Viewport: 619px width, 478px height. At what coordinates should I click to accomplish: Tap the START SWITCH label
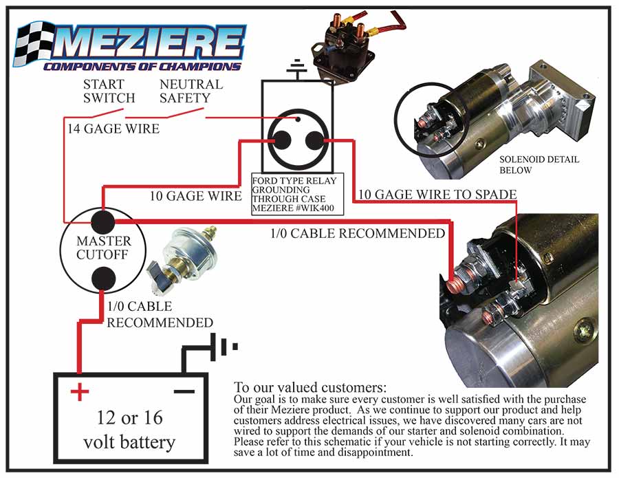click(x=109, y=91)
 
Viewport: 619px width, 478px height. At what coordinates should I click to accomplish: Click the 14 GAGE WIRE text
click(x=113, y=129)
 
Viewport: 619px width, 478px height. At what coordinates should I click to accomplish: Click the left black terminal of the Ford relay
click(x=281, y=140)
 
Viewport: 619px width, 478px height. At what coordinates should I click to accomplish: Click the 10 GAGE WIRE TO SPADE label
click(x=436, y=195)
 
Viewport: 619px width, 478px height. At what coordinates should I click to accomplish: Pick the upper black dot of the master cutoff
click(x=103, y=221)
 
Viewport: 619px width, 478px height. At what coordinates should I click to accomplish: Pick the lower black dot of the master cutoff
click(x=103, y=279)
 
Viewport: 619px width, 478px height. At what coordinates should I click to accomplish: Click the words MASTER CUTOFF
click(x=103, y=249)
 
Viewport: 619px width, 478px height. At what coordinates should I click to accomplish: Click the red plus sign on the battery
click(x=80, y=393)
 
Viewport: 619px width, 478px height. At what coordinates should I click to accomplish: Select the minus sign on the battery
click(x=183, y=391)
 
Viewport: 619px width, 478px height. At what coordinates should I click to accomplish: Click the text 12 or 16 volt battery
click(x=130, y=430)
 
